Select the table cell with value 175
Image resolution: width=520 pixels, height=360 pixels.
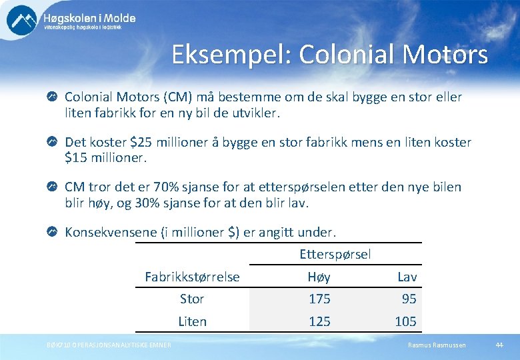click(319, 299)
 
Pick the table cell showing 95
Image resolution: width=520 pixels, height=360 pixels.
click(409, 299)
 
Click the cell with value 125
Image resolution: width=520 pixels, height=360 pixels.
click(319, 321)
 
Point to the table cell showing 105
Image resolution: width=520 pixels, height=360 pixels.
click(405, 321)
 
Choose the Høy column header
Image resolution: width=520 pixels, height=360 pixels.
click(319, 277)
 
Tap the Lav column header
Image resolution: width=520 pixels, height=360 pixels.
click(407, 277)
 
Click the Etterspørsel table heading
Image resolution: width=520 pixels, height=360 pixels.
click(335, 254)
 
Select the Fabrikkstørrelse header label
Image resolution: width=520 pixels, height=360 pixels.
click(192, 277)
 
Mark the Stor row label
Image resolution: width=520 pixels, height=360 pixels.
click(191, 299)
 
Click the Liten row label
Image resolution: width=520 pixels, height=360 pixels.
click(192, 321)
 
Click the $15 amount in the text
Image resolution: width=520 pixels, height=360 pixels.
click(76, 158)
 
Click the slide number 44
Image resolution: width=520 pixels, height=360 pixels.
click(499, 345)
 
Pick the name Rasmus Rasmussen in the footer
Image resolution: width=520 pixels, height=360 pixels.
click(437, 345)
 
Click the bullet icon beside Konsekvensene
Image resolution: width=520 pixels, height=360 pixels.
click(53, 232)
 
